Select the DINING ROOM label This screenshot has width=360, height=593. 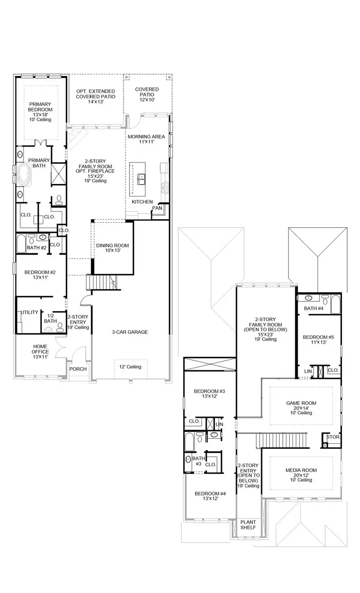point(112,248)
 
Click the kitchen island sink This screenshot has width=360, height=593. point(142,179)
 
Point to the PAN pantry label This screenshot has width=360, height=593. point(157,208)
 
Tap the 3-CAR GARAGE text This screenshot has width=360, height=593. point(129,332)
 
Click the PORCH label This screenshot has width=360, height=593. point(78,369)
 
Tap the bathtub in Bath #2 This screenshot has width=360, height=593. point(21,244)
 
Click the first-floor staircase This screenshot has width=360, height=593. point(102,281)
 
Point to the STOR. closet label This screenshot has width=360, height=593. point(333,437)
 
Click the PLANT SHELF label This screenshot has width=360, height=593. point(248,525)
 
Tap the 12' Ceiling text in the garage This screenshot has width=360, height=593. point(130,367)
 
